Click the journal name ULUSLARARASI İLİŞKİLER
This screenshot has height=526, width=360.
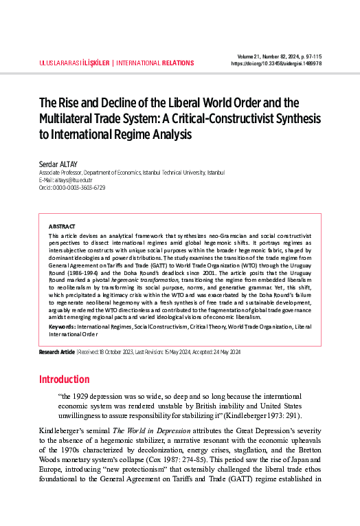71,63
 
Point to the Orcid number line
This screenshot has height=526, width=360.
72,188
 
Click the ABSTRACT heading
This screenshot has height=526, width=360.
63,226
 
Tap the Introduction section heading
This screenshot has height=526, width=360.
64,380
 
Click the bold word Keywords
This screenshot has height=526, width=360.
62,327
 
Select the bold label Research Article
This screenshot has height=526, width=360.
56,352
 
